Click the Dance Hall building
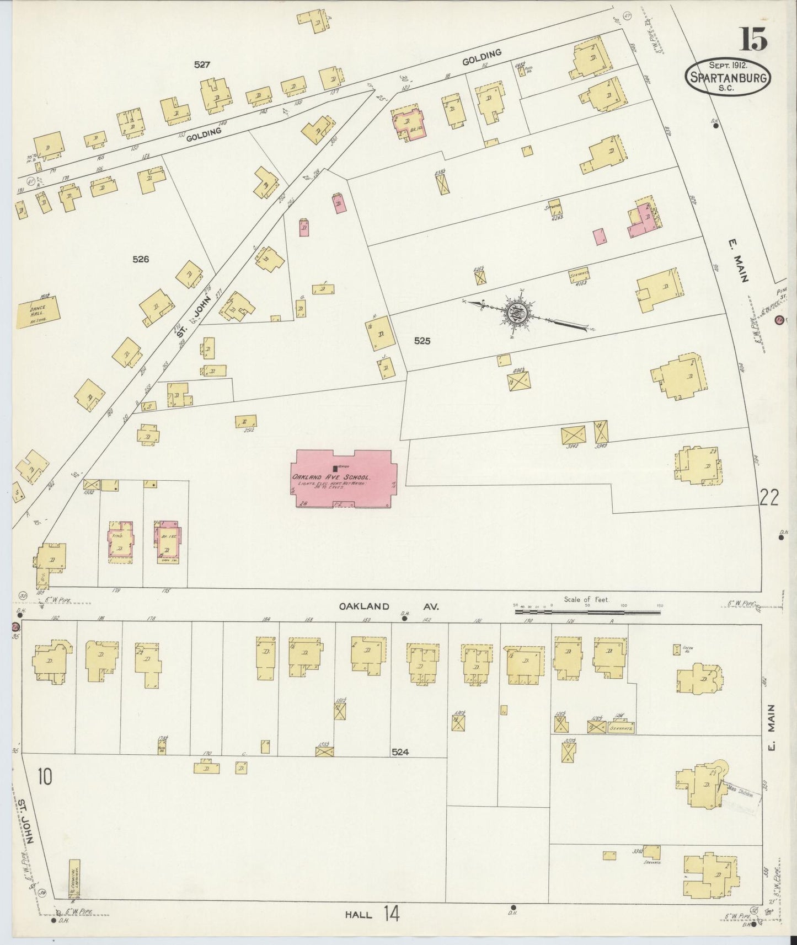38,313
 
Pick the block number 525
422,341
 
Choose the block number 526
141,259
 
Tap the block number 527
202,65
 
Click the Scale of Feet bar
588,611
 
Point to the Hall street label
358,915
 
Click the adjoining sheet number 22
769,498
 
